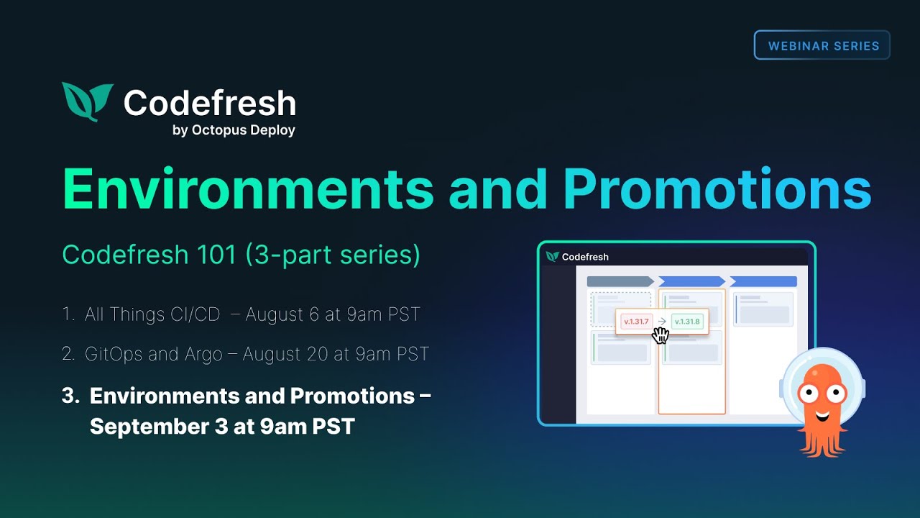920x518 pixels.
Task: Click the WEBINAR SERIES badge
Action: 822,45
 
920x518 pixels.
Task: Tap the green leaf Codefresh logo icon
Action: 87,101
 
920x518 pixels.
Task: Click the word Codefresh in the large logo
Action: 209,103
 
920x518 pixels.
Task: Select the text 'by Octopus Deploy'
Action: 234,130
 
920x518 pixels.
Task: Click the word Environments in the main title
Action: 248,189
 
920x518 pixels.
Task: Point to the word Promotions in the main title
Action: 717,189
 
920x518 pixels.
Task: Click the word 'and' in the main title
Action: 498,189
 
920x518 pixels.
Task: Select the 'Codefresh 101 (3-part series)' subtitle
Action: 241,255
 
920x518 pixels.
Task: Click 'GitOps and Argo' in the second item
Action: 153,354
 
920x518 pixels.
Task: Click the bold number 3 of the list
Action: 69,396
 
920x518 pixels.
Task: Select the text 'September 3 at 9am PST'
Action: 222,426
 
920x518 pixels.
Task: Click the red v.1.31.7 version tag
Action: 635,321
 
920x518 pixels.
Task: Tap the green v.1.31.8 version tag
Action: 686,321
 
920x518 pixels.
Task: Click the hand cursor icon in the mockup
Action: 660,335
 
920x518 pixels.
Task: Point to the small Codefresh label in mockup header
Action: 584,257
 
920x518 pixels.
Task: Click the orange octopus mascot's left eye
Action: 807,393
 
